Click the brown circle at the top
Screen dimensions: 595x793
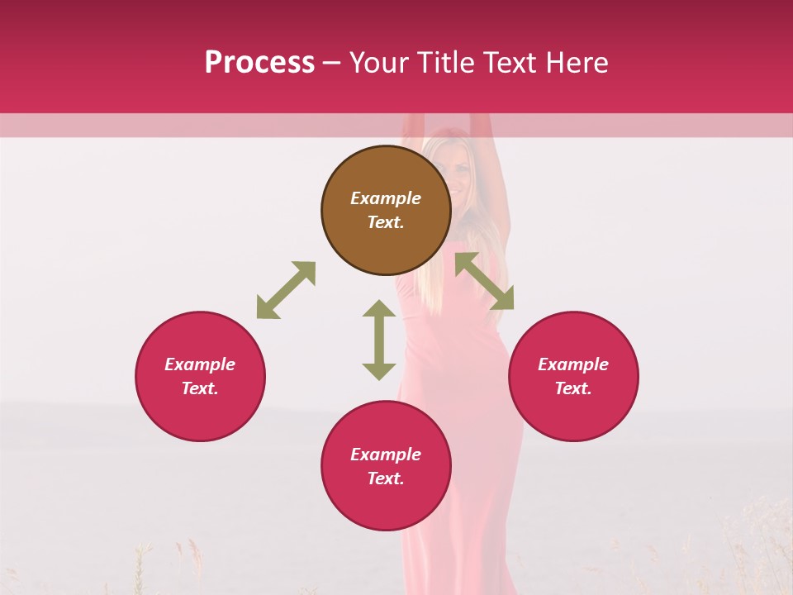(x=386, y=210)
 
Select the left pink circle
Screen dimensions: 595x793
(x=200, y=376)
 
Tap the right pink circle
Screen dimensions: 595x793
(x=573, y=376)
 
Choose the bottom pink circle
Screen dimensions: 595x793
(x=386, y=465)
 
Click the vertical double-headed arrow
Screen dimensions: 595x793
(x=379, y=340)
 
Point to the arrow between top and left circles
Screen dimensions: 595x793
(x=286, y=290)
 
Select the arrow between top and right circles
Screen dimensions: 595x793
(x=485, y=280)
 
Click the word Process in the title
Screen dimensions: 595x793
(x=259, y=62)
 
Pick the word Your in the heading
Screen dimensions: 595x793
(x=380, y=62)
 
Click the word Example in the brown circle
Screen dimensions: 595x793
(x=386, y=198)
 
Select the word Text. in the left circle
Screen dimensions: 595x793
(x=200, y=388)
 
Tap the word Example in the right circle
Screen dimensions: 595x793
(x=573, y=364)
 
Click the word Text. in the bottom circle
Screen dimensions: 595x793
(x=386, y=478)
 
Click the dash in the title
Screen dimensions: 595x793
(x=331, y=63)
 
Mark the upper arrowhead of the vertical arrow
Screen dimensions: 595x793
(x=379, y=309)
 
